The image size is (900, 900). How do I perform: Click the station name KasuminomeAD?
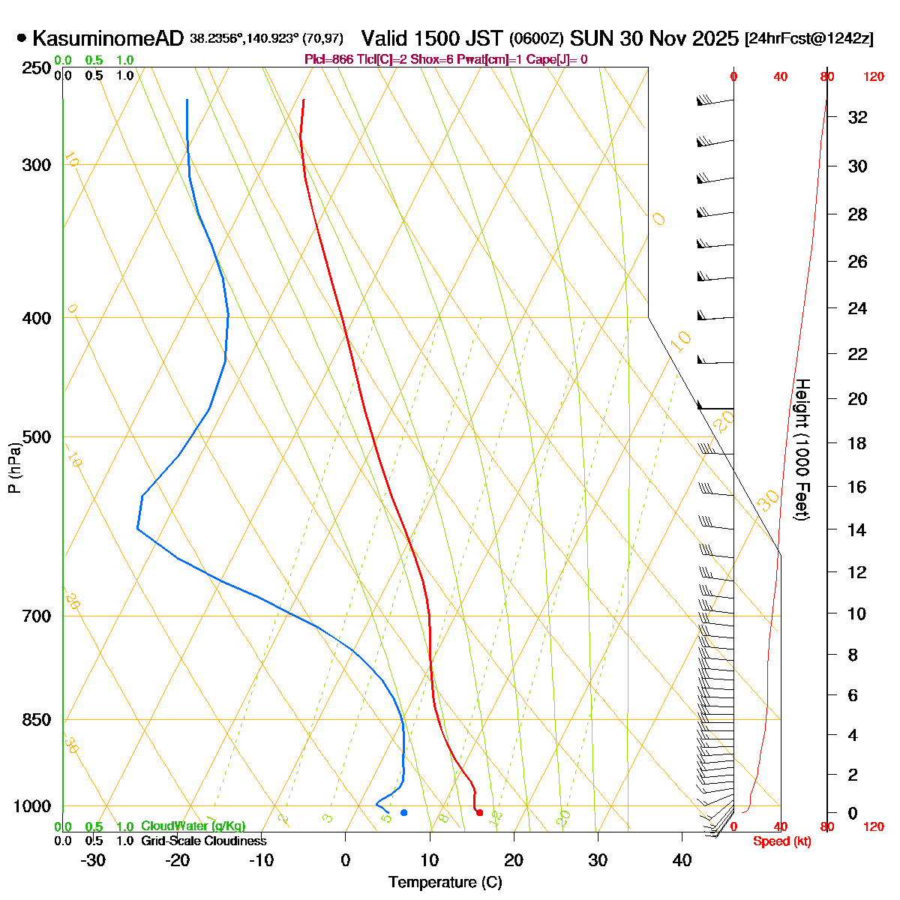(x=108, y=38)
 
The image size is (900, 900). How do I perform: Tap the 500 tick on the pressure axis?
(x=37, y=437)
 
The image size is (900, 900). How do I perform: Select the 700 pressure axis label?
(x=37, y=616)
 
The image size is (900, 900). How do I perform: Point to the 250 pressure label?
(x=37, y=69)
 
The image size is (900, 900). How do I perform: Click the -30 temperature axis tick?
(x=93, y=860)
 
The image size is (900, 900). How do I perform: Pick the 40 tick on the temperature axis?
(x=682, y=860)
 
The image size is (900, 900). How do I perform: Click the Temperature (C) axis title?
(x=445, y=882)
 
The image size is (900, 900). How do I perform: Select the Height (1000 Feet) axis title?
(x=802, y=450)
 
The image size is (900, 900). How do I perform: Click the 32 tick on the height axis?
(x=857, y=117)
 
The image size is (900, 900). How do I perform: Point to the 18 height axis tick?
(x=857, y=443)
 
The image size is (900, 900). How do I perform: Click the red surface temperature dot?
(x=479, y=813)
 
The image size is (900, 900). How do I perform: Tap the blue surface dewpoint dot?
(x=403, y=812)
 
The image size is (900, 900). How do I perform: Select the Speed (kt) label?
(x=781, y=841)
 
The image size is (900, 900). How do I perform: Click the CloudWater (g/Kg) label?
(x=193, y=826)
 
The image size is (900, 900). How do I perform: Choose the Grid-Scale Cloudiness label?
(x=203, y=841)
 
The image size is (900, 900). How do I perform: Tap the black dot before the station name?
(x=21, y=37)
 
